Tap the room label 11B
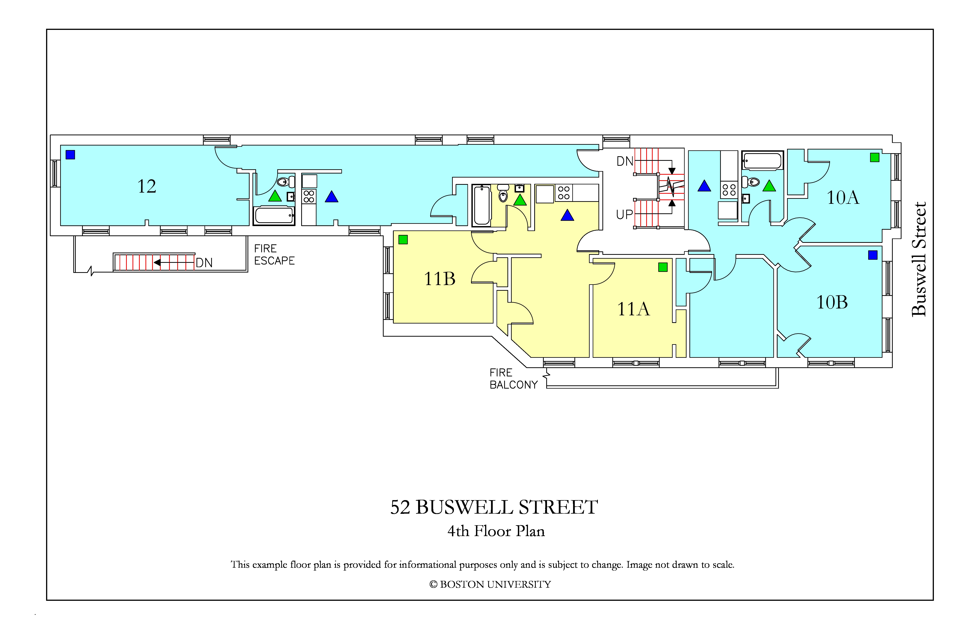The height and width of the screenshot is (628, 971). (x=439, y=279)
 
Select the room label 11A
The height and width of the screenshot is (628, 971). (x=633, y=309)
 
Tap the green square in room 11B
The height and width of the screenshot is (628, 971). (x=403, y=240)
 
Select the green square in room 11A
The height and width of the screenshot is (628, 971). (x=663, y=267)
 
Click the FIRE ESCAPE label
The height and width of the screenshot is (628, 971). (x=274, y=254)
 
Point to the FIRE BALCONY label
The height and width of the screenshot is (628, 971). (x=514, y=379)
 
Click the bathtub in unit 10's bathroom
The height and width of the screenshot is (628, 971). (x=762, y=161)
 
